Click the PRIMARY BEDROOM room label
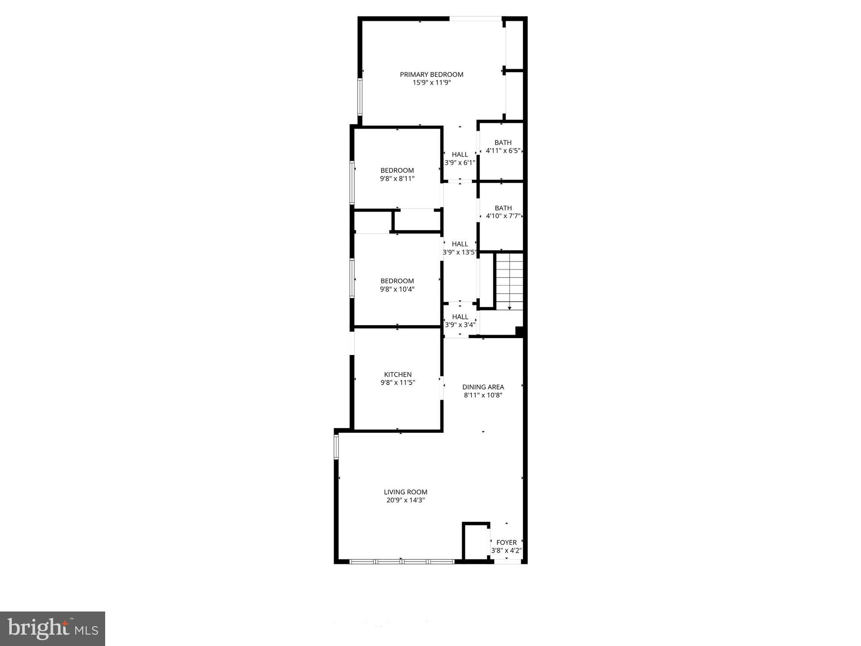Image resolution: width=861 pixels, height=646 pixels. (432, 74)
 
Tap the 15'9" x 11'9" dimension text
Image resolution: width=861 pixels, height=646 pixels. (432, 83)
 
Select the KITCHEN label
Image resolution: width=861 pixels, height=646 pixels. (397, 374)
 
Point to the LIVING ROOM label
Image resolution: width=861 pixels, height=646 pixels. (405, 492)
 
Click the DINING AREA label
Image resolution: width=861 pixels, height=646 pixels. (483, 387)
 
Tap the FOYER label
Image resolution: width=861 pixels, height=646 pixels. (506, 543)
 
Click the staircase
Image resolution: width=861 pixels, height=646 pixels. (509, 281)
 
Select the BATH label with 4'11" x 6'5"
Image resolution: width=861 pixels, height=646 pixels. (503, 143)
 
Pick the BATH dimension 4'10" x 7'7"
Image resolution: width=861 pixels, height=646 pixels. (503, 216)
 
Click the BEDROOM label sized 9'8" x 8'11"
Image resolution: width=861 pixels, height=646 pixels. (397, 170)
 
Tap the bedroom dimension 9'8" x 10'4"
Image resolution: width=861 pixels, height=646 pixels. (397, 289)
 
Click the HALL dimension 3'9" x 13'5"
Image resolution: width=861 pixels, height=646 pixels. (460, 252)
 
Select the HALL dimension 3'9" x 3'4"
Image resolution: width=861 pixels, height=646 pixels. (460, 325)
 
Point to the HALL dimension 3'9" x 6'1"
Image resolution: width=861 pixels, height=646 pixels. (460, 162)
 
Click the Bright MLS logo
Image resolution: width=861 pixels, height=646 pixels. (53, 629)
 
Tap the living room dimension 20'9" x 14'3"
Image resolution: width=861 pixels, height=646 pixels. (405, 500)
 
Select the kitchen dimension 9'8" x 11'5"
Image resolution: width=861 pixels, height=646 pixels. (397, 383)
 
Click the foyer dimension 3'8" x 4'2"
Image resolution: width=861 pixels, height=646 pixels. (506, 551)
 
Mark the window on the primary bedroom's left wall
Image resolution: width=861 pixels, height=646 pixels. (360, 96)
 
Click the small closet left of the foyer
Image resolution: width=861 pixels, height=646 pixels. (476, 542)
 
